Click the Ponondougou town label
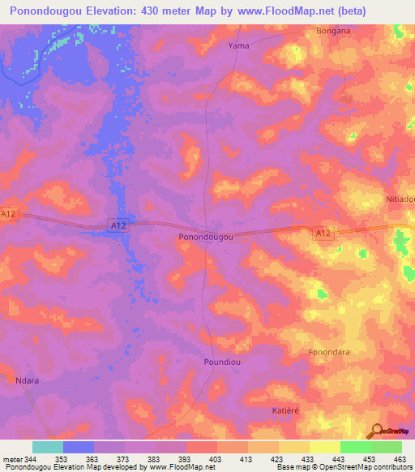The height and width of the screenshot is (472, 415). [205, 237]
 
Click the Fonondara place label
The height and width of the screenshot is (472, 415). [330, 353]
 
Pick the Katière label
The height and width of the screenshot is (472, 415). [285, 411]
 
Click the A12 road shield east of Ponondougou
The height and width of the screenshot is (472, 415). [323, 233]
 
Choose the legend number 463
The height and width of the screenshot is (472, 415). [400, 460]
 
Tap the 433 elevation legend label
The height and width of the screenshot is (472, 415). [308, 460]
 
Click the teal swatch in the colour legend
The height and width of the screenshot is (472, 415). [48, 447]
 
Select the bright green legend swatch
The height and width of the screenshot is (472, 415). [356, 447]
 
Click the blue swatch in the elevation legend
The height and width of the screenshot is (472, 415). [79, 447]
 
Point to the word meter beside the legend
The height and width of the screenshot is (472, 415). [12, 460]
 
